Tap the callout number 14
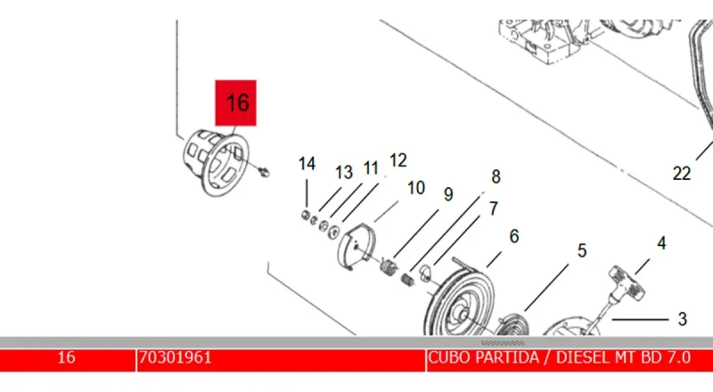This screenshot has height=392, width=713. (307, 164)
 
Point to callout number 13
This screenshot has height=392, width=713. (344, 172)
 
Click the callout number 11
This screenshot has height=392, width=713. (371, 167)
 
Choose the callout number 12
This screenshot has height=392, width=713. (397, 160)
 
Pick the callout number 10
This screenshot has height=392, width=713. (415, 188)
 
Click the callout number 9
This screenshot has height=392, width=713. (448, 194)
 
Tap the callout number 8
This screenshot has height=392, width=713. (496, 176)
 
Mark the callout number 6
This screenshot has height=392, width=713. (513, 236)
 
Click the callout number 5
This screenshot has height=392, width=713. (581, 251)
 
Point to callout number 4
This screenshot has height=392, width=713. (661, 241)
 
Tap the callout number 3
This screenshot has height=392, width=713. (682, 317)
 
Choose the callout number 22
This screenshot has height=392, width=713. (682, 174)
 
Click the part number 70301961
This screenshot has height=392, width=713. (175, 358)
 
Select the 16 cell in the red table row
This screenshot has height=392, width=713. (66, 358)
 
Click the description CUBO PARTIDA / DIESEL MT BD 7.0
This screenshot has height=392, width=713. (559, 358)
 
